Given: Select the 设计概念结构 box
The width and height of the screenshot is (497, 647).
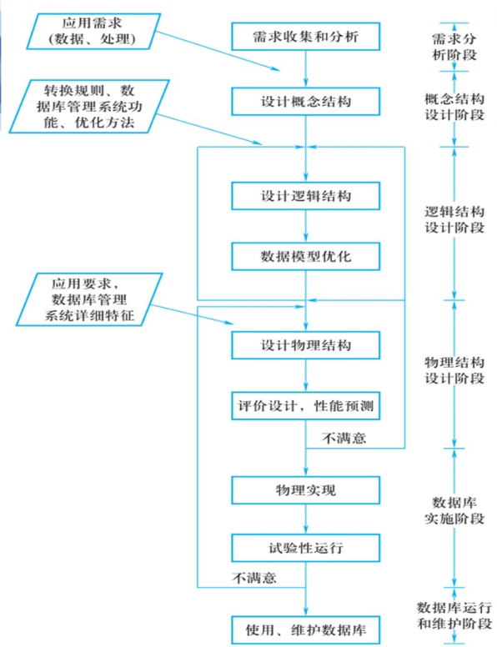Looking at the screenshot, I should pos(306,101).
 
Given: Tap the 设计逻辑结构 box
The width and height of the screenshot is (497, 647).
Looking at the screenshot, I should pos(306,196).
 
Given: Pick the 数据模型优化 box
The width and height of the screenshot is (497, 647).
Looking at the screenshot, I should pos(306,255).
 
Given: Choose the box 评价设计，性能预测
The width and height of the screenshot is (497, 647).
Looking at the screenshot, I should pos(306,407).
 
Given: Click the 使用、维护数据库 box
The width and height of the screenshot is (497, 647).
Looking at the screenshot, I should pos(306,627).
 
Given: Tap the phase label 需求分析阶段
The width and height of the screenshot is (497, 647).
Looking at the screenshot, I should pos(453,46).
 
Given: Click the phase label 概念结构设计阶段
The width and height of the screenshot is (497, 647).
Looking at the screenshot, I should pos(453,108).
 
